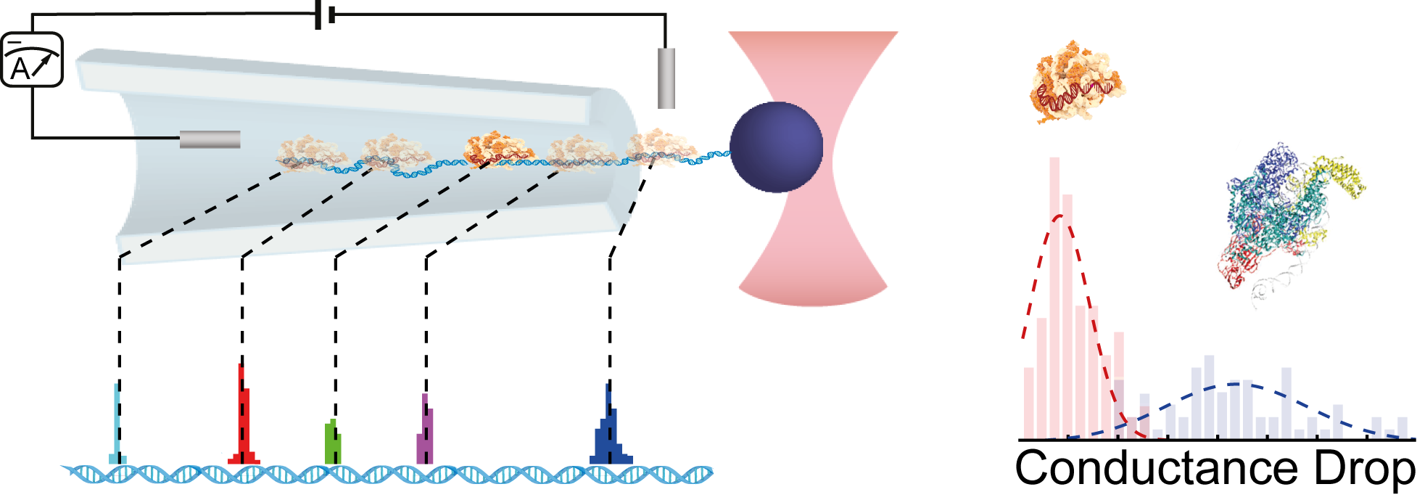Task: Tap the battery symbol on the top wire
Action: tap(325, 15)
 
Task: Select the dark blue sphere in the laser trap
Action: tap(776, 147)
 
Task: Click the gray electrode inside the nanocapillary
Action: tap(210, 139)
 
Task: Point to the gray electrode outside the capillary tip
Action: tap(666, 78)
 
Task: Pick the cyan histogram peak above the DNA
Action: tap(117, 428)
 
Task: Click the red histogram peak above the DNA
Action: tap(244, 421)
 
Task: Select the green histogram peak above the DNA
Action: tap(332, 443)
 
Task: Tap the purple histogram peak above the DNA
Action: tap(425, 432)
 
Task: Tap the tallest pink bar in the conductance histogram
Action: tap(1054, 298)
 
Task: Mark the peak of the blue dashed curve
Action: tap(1236, 384)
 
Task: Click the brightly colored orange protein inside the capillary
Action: tap(497, 147)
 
